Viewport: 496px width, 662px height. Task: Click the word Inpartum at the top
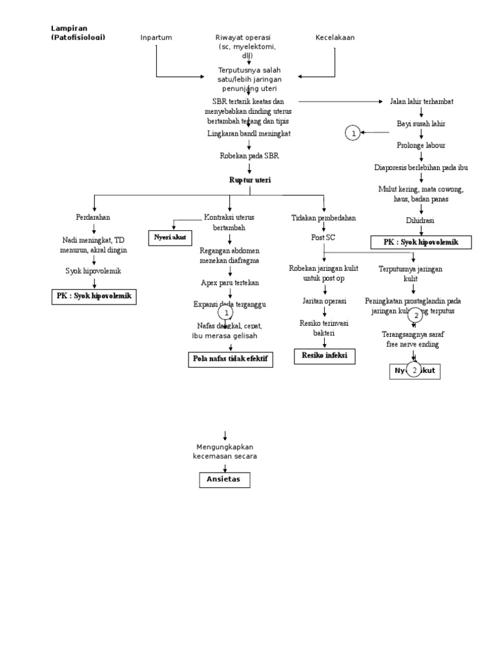click(156, 37)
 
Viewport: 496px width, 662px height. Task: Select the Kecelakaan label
click(335, 37)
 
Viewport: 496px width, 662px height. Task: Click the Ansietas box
click(223, 480)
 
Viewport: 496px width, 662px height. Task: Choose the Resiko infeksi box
click(325, 356)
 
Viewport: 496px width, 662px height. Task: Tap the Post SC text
click(324, 237)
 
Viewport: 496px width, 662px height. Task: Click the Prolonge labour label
click(421, 145)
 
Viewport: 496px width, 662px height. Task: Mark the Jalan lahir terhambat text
click(422, 101)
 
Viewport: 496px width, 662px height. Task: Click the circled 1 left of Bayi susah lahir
click(353, 133)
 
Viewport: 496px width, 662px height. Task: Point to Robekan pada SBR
click(249, 156)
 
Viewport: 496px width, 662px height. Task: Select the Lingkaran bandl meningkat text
click(249, 133)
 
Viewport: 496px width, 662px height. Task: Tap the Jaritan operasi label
click(324, 301)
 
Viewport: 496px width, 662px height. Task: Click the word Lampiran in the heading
click(68, 28)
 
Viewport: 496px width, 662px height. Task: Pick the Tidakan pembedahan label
click(324, 219)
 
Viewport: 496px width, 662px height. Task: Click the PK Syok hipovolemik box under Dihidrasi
click(421, 242)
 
